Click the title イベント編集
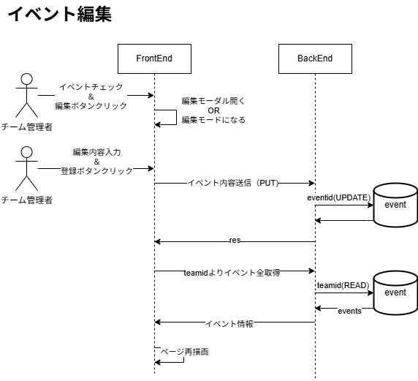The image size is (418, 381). pyautogui.click(x=59, y=15)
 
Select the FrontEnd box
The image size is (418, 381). pyautogui.click(x=154, y=59)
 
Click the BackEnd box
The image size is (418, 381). pyautogui.click(x=315, y=59)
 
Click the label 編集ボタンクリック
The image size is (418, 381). pyautogui.click(x=91, y=106)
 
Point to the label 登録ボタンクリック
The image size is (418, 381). pyautogui.click(x=96, y=170)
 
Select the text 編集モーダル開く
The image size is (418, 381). pyautogui.click(x=213, y=101)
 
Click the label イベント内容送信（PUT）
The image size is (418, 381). pyautogui.click(x=233, y=184)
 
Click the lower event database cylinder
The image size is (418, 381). pyautogui.click(x=395, y=293)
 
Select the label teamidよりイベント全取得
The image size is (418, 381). pyautogui.click(x=232, y=272)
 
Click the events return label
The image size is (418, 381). pyautogui.click(x=349, y=311)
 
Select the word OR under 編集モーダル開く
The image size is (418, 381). pyautogui.click(x=213, y=110)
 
